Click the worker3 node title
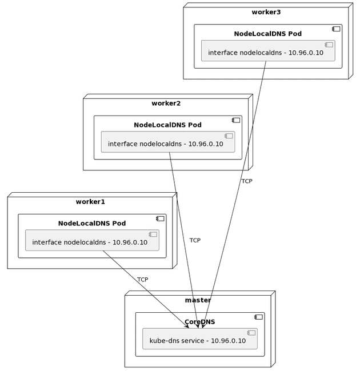266,12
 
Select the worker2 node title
166,104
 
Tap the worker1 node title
90,202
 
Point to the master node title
198,300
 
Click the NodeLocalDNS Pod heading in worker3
267,34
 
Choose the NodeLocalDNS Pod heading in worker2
167,125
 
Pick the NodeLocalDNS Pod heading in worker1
91,223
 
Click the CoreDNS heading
199,322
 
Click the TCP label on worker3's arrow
246,181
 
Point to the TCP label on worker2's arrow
195,241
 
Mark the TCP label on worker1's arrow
142,280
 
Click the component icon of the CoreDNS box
258,317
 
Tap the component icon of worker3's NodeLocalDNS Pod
336,29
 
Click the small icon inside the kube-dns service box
250,333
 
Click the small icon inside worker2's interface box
229,136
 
